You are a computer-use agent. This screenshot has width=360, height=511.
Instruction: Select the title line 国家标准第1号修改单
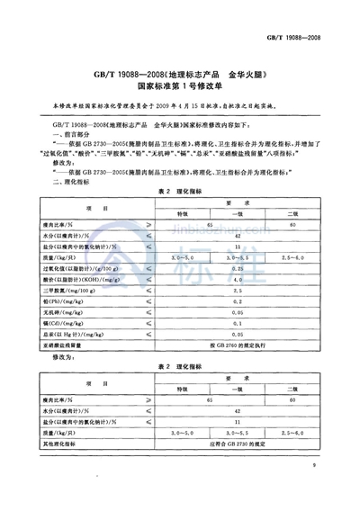[x=180, y=88]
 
